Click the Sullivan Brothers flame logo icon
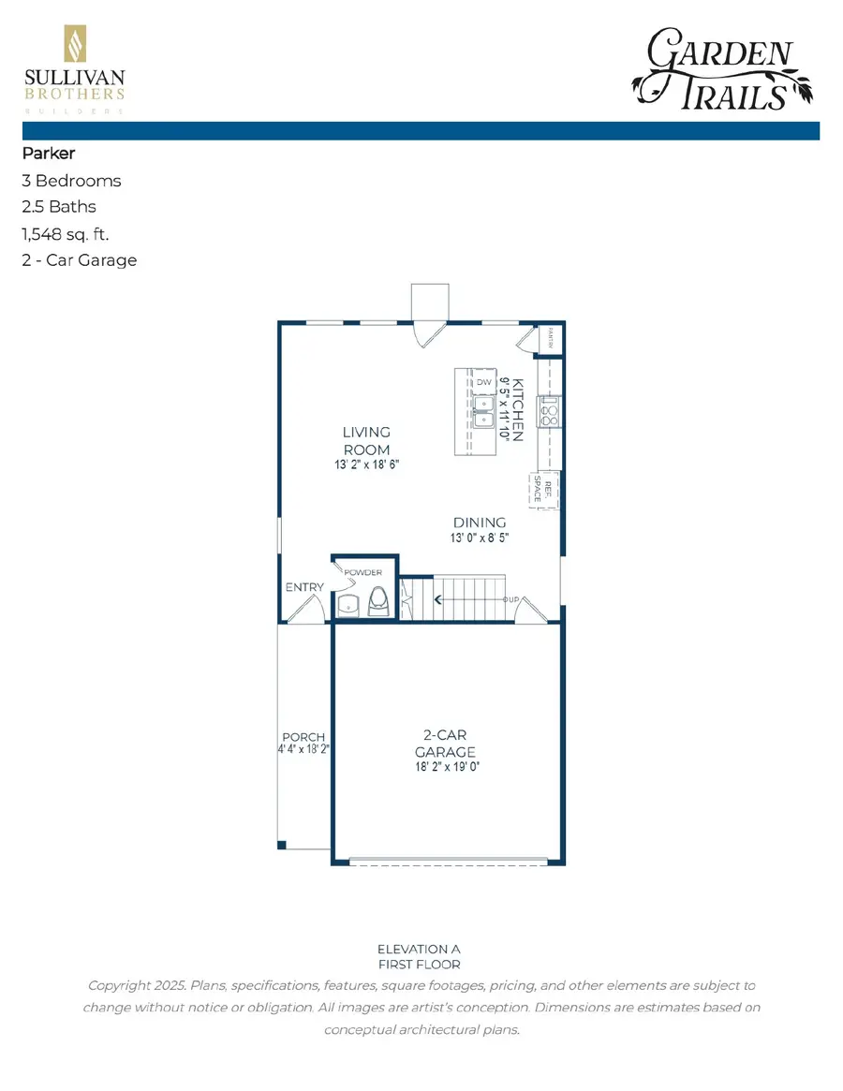point(74,45)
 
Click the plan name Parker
point(48,154)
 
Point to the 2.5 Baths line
point(59,207)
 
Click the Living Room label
point(365,441)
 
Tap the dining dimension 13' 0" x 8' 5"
point(480,538)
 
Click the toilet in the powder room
point(378,600)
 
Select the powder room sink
point(348,604)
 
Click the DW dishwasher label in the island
point(484,383)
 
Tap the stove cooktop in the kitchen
point(549,411)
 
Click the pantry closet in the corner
point(550,338)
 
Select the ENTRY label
point(304,587)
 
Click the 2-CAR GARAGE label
point(446,744)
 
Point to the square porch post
point(282,846)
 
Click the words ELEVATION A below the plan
point(419,949)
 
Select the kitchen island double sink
point(484,412)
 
